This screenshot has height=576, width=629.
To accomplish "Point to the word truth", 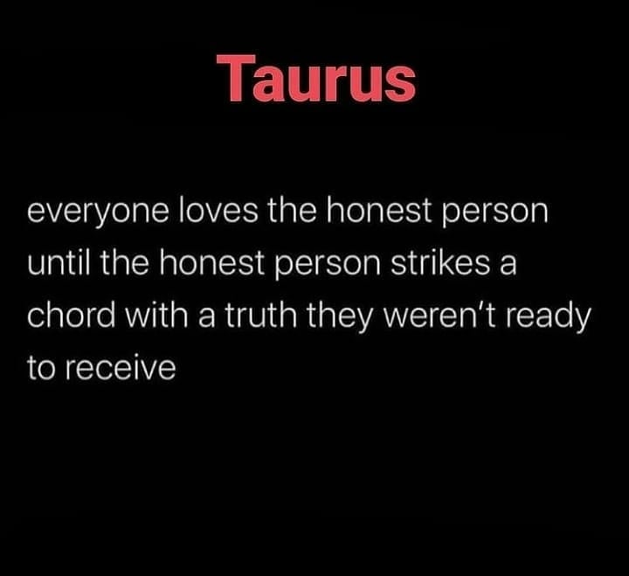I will coord(249,316).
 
